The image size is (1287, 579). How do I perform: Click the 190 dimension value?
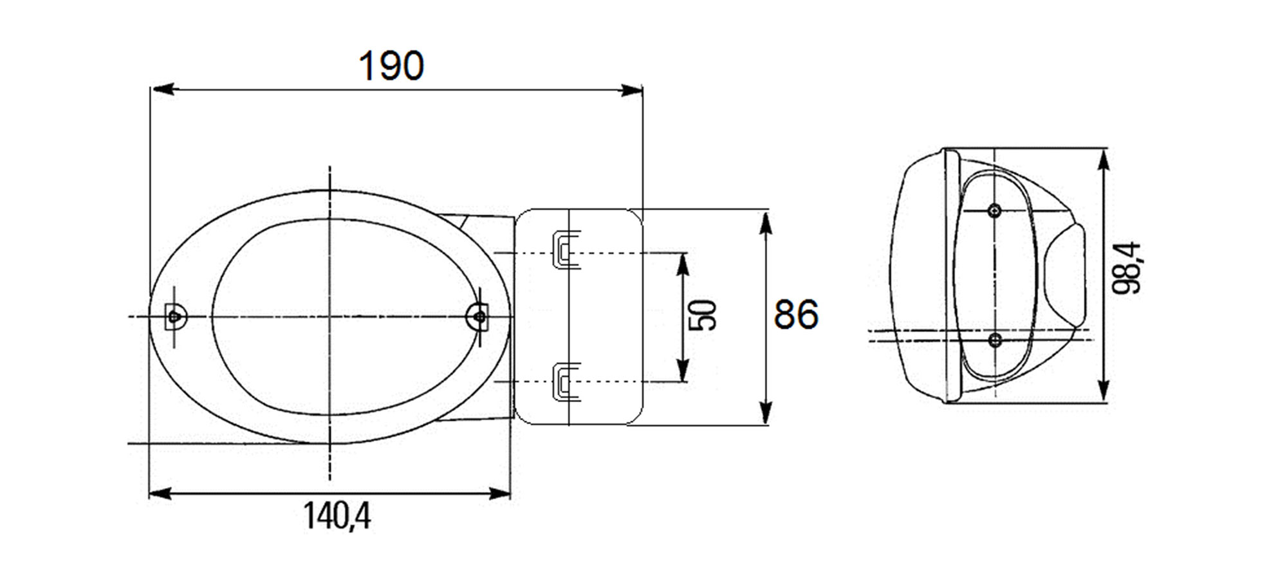click(x=391, y=66)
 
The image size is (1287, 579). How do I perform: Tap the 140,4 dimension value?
click(x=337, y=516)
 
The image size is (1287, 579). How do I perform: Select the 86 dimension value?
click(x=796, y=315)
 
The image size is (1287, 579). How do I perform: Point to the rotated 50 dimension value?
click(x=702, y=315)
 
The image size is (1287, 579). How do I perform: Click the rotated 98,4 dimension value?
click(x=1126, y=268)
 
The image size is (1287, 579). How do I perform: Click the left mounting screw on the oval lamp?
click(x=174, y=317)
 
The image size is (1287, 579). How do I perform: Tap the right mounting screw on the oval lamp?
click(x=478, y=316)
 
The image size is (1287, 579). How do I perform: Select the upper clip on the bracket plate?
click(x=566, y=249)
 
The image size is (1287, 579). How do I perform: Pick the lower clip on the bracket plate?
click(x=566, y=382)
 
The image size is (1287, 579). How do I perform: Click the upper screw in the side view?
click(x=994, y=210)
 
